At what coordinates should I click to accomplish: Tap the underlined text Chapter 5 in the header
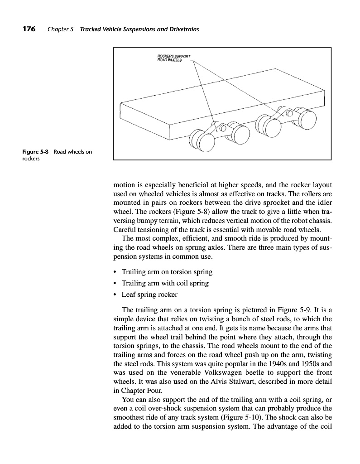[x=61, y=30]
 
